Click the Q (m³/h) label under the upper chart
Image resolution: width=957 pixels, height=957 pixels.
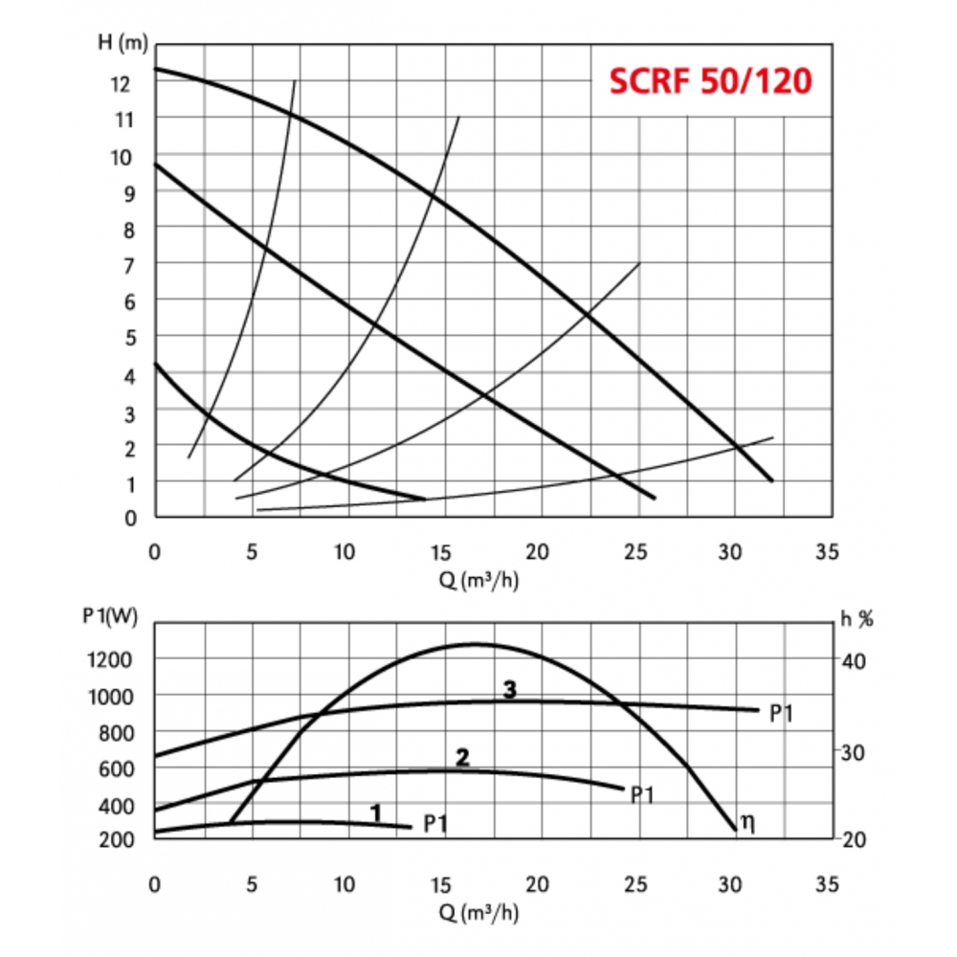(479, 580)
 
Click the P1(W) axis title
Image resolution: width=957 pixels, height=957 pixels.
(111, 618)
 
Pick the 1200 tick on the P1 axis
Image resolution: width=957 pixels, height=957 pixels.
(115, 659)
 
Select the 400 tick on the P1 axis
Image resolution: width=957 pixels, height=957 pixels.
(119, 807)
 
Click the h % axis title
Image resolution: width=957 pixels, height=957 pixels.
(857, 618)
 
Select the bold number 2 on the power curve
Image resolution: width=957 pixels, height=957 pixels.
(463, 758)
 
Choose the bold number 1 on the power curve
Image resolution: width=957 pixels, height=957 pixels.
(376, 813)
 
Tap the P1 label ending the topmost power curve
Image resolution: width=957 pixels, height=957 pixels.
(782, 713)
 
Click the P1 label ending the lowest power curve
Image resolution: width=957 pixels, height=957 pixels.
(435, 824)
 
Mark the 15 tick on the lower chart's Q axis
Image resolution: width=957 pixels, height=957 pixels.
(443, 883)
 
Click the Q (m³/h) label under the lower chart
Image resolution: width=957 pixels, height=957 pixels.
(479, 912)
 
